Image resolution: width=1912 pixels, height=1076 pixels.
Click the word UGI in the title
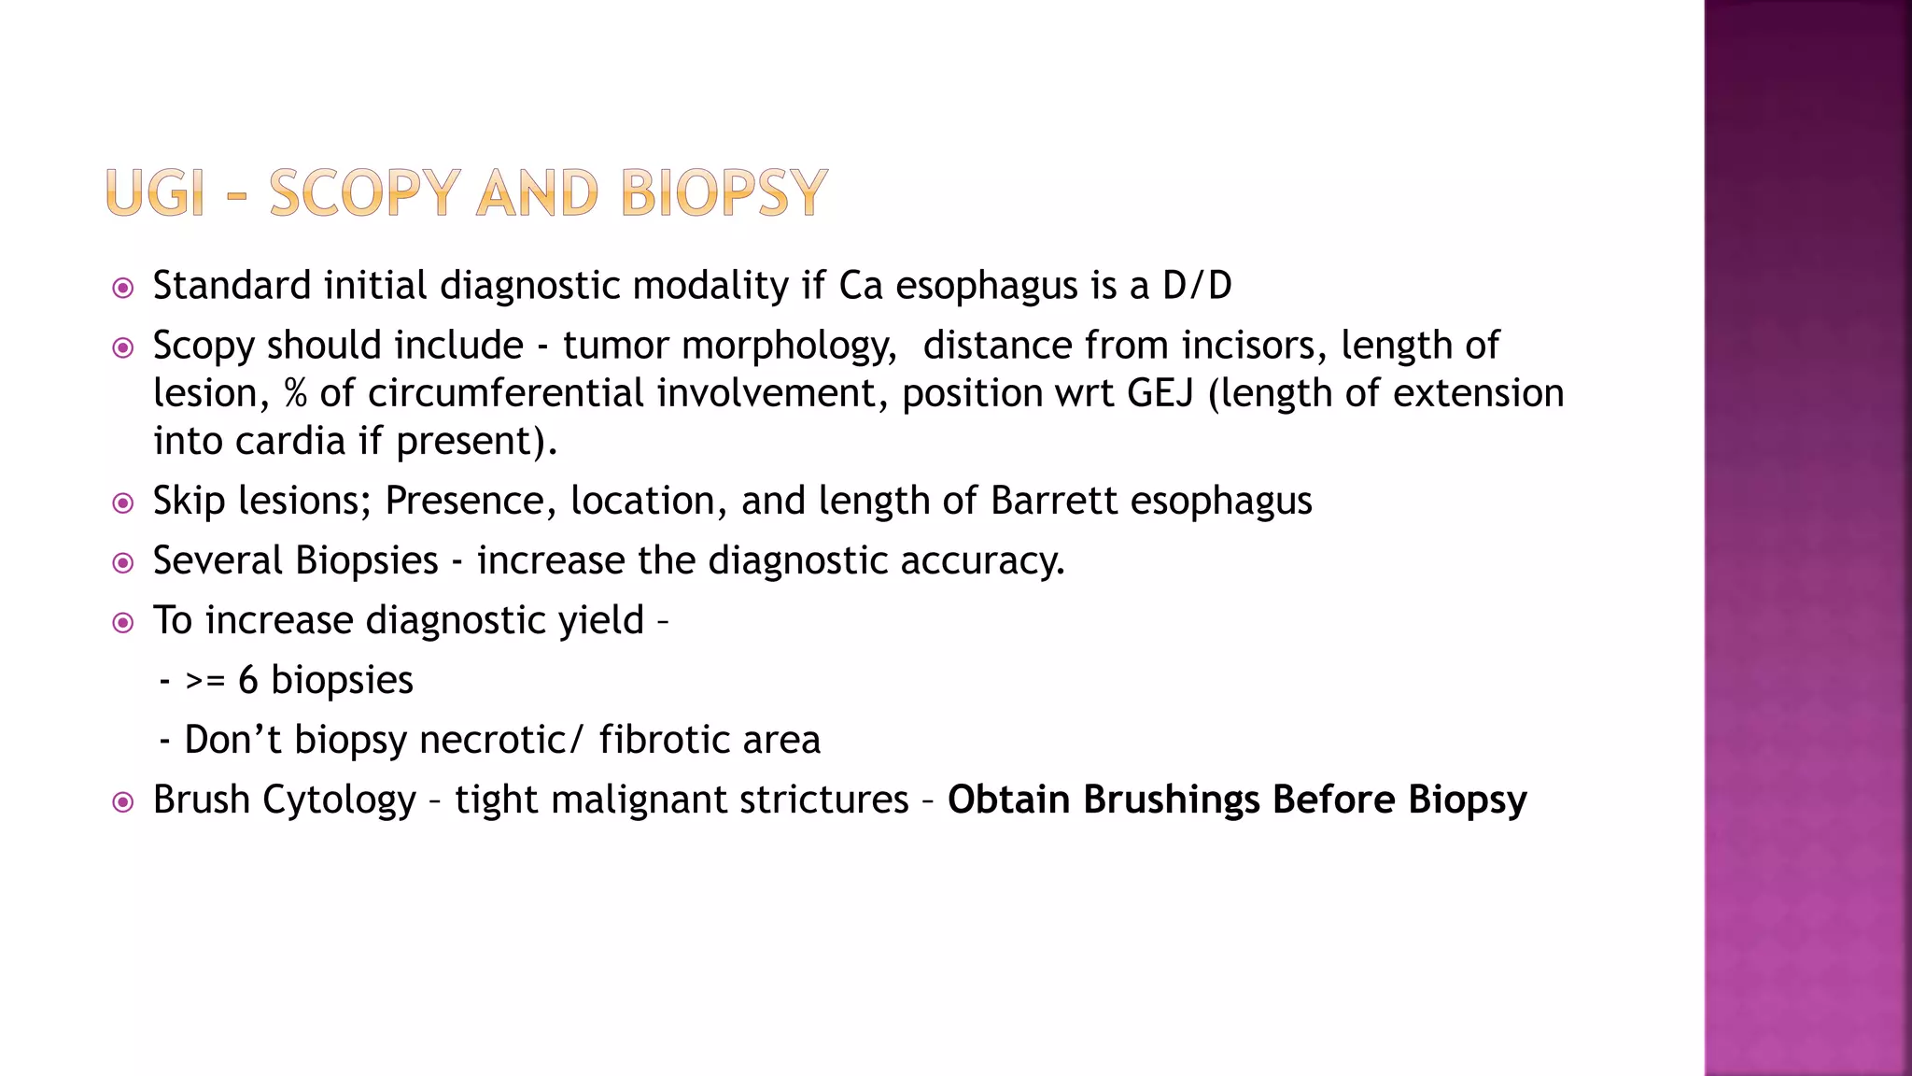pyautogui.click(x=155, y=193)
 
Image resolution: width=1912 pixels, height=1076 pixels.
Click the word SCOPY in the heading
pyautogui.click(x=365, y=193)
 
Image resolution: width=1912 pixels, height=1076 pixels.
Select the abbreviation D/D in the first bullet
pyautogui.click(x=1197, y=286)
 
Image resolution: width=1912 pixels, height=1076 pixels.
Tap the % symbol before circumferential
pyautogui.click(x=295, y=393)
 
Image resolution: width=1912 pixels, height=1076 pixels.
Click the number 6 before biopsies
pyautogui.click(x=247, y=680)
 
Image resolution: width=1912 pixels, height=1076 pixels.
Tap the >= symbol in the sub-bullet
pyautogui.click(x=205, y=680)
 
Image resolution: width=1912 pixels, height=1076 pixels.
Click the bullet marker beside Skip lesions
pyautogui.click(x=122, y=503)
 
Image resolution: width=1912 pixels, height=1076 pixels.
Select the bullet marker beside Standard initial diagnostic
pyautogui.click(x=122, y=288)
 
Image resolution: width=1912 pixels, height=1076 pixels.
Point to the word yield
pyautogui.click(x=600, y=621)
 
